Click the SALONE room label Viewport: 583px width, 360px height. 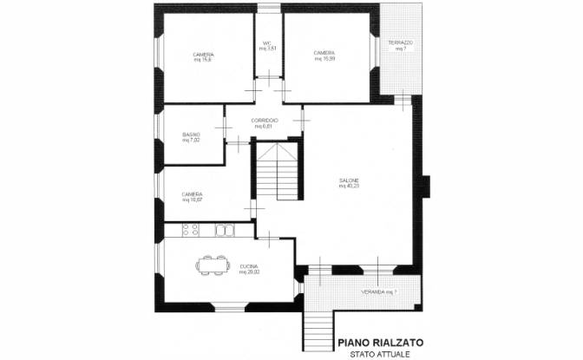(349, 180)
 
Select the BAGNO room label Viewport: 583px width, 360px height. (192, 134)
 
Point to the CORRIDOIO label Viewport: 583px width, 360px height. (264, 120)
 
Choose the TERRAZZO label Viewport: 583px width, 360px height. (400, 43)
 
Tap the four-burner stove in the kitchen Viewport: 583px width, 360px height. (191, 230)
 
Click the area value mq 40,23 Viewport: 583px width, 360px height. (349, 186)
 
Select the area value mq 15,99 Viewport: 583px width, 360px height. (324, 59)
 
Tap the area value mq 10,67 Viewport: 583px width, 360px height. (193, 200)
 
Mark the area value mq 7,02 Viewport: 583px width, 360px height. (192, 140)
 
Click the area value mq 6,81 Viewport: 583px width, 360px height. (264, 126)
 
